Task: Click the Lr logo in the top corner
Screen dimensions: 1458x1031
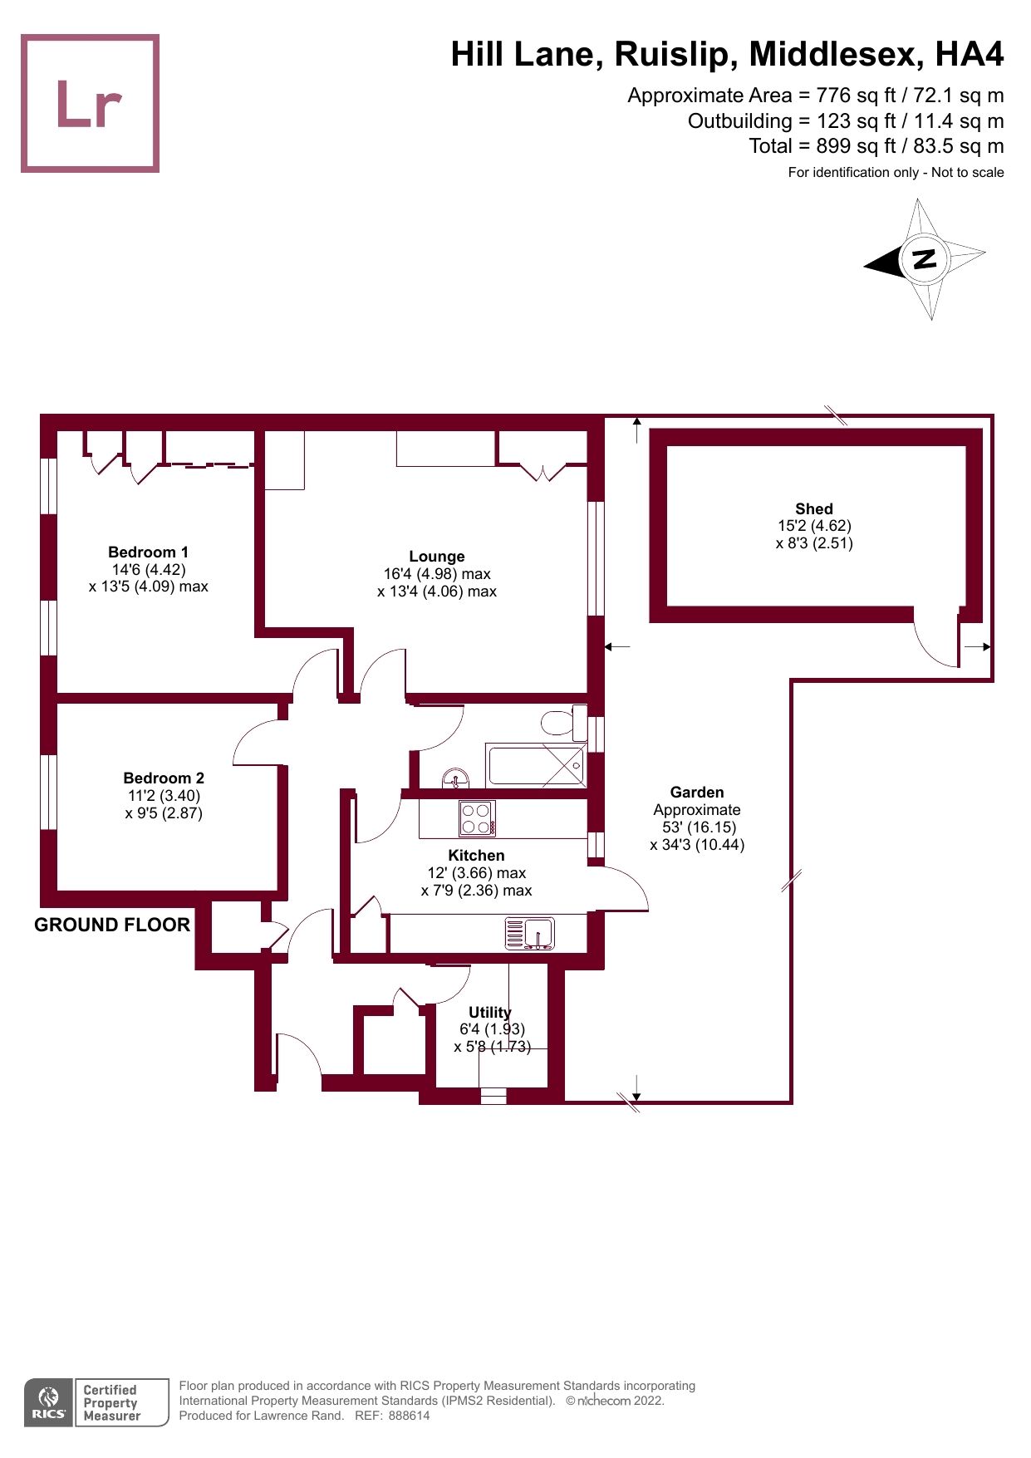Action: (x=90, y=104)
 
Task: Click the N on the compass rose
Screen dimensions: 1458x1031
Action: (x=924, y=258)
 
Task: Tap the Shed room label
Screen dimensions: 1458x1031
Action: (x=813, y=508)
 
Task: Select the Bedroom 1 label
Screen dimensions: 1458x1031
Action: (x=148, y=552)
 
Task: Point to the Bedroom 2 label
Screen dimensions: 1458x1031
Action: (x=164, y=778)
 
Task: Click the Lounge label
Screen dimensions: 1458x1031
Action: (x=436, y=556)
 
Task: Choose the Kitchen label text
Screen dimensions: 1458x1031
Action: (x=476, y=855)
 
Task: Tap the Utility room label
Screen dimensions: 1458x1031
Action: (x=489, y=1012)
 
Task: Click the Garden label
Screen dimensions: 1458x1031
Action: (x=696, y=792)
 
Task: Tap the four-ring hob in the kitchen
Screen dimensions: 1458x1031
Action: (x=477, y=817)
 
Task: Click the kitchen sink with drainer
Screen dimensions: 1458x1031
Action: (x=530, y=934)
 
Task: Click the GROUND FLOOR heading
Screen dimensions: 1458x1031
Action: (x=112, y=925)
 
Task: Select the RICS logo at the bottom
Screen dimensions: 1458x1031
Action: (x=49, y=1402)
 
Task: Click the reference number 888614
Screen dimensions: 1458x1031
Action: (x=409, y=1416)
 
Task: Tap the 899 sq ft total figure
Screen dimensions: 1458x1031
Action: (x=832, y=146)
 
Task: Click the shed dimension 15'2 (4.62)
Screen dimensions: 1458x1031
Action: (x=813, y=526)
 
